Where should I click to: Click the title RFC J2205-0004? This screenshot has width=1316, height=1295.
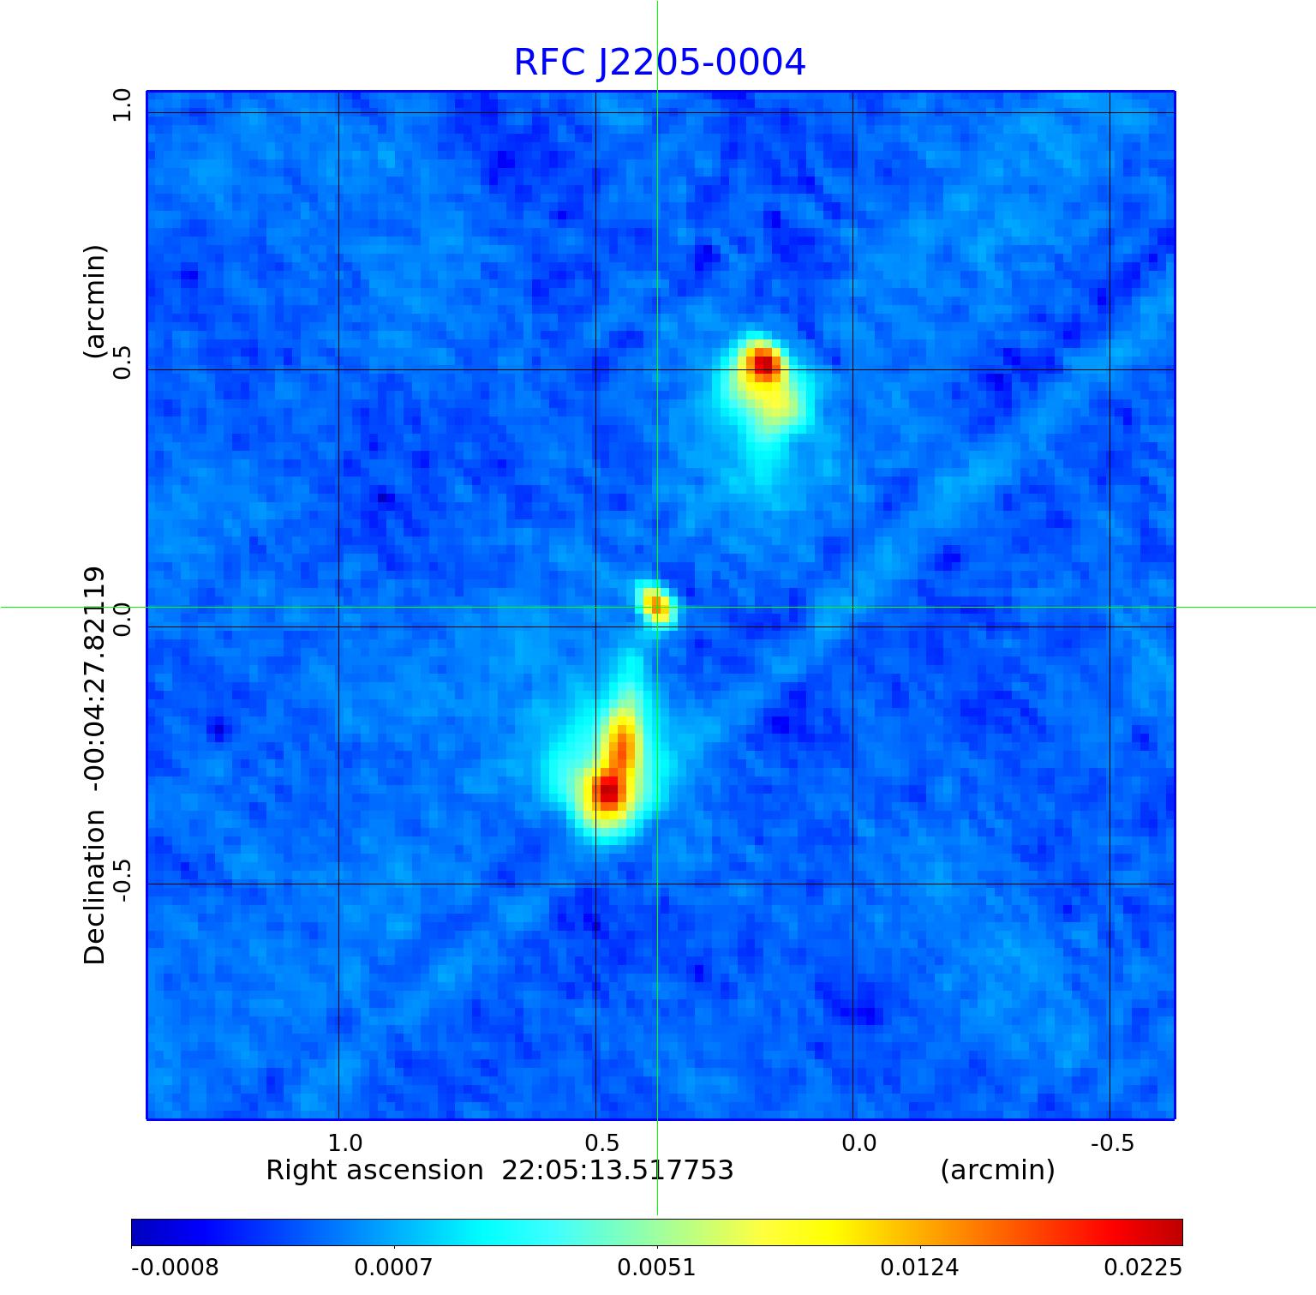(x=660, y=63)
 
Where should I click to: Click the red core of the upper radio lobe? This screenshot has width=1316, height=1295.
(x=763, y=366)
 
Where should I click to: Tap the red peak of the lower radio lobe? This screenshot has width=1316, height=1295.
(x=607, y=790)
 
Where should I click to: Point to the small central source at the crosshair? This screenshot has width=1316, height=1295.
(x=656, y=605)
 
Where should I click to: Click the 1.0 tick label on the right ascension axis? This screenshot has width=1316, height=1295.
(x=345, y=1142)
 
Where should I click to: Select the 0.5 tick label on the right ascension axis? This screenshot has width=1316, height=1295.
(x=601, y=1142)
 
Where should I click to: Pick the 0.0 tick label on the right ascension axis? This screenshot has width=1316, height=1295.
(x=858, y=1142)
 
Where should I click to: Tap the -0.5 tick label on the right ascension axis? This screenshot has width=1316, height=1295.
(x=1112, y=1142)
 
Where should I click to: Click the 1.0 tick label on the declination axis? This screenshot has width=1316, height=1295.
(x=121, y=105)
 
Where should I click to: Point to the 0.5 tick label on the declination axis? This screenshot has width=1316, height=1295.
(x=121, y=363)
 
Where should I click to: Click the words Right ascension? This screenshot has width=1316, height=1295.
(x=374, y=1170)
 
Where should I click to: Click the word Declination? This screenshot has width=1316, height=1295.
(x=95, y=887)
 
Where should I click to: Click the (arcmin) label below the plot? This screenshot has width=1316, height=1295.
(x=997, y=1170)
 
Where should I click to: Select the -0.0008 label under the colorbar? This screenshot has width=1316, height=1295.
(x=175, y=1267)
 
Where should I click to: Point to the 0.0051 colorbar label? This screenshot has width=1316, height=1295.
(x=656, y=1267)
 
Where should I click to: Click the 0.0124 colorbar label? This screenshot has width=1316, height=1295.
(x=920, y=1267)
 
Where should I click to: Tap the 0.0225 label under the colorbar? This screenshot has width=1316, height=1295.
(x=1142, y=1267)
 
